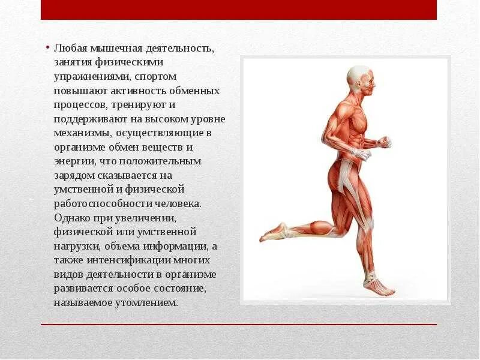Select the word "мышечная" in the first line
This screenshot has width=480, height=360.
[110, 47]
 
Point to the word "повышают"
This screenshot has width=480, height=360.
[74, 91]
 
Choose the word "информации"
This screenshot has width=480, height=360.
[176, 245]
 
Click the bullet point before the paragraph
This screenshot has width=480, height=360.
[47, 48]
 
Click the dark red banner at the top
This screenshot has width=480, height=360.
[239, 10]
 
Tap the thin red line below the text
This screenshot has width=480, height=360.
[239, 325]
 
